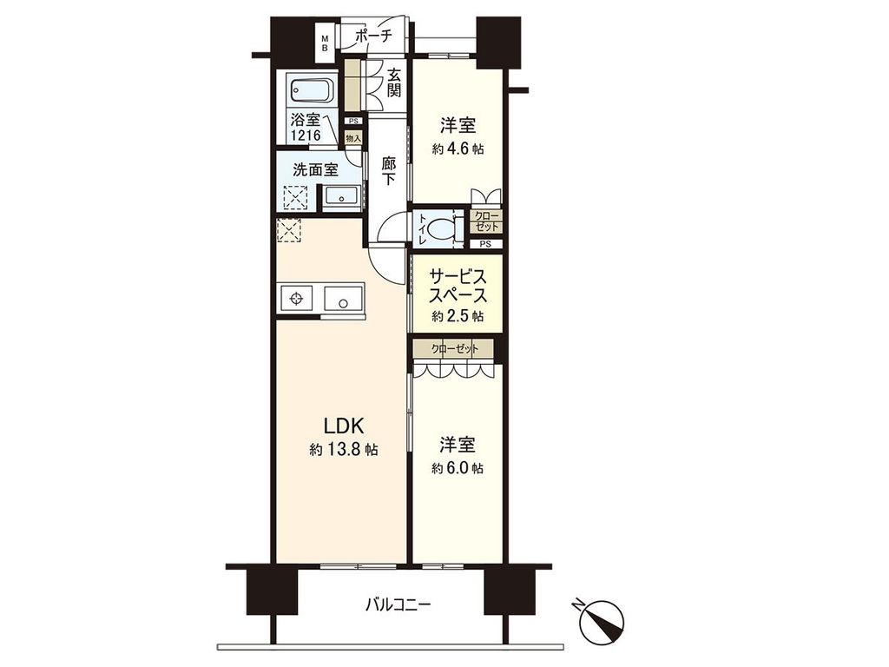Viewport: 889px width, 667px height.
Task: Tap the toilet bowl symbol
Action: (x=442, y=228)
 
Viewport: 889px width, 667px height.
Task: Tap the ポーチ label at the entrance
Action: (x=373, y=36)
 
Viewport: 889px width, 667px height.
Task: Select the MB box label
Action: (x=326, y=43)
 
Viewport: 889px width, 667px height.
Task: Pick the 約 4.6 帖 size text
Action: (x=458, y=149)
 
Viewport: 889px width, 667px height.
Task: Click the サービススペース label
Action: (x=457, y=287)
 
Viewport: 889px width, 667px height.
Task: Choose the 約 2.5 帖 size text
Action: (x=458, y=315)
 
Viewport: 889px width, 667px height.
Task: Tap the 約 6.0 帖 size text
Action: (x=458, y=468)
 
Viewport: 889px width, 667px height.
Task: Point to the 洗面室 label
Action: (x=315, y=169)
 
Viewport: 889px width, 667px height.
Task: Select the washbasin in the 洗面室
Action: (x=341, y=197)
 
